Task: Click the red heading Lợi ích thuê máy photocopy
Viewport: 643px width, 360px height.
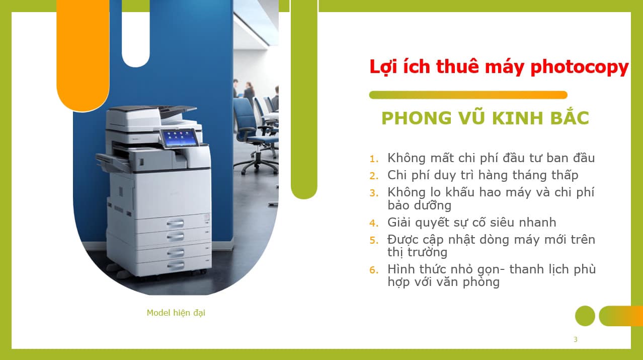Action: pyautogui.click(x=499, y=67)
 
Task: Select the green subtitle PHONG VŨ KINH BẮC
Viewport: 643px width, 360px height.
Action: pyautogui.click(x=485, y=118)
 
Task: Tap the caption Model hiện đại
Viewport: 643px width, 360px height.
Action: pyautogui.click(x=176, y=313)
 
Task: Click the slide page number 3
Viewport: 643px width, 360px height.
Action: pyautogui.click(x=575, y=339)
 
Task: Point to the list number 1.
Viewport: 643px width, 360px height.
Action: pyautogui.click(x=373, y=159)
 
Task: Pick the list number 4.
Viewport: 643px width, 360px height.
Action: pyautogui.click(x=373, y=223)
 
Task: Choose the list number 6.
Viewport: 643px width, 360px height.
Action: pyautogui.click(x=373, y=270)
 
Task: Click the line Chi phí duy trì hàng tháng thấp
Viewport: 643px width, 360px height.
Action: pyautogui.click(x=483, y=175)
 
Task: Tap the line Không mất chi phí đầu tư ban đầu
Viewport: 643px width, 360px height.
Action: pyautogui.click(x=491, y=158)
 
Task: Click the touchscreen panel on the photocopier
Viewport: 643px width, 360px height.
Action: pyautogui.click(x=178, y=137)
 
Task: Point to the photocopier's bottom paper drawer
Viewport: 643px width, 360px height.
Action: pyautogui.click(x=176, y=264)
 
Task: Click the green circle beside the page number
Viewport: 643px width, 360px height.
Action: pyautogui.click(x=585, y=316)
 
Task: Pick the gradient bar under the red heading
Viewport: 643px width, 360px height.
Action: pyautogui.click(x=468, y=95)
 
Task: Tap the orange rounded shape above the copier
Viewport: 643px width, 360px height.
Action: pyautogui.click(x=83, y=55)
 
